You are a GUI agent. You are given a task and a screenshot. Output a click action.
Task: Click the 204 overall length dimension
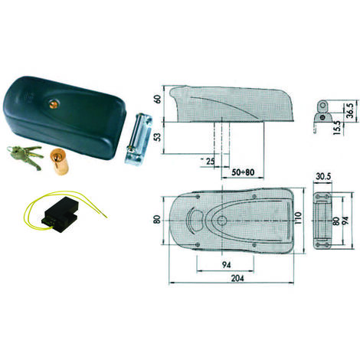coord(237,278)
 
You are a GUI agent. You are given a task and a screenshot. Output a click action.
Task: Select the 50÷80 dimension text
coord(243,172)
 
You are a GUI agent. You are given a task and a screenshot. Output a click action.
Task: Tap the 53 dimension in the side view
coord(159,137)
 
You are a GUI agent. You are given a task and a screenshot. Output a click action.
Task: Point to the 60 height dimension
coord(159,99)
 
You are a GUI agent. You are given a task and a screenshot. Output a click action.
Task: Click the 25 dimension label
coord(210,161)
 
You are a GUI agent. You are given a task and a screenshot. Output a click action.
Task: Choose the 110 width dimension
coord(298,219)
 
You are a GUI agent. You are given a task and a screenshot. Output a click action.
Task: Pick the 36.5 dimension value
coord(349,110)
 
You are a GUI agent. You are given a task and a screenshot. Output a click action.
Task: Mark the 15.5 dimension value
coord(337,128)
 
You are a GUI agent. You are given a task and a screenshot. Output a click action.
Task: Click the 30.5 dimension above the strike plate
coord(323,176)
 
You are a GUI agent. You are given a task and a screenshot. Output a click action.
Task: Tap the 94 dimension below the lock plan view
coord(226,265)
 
